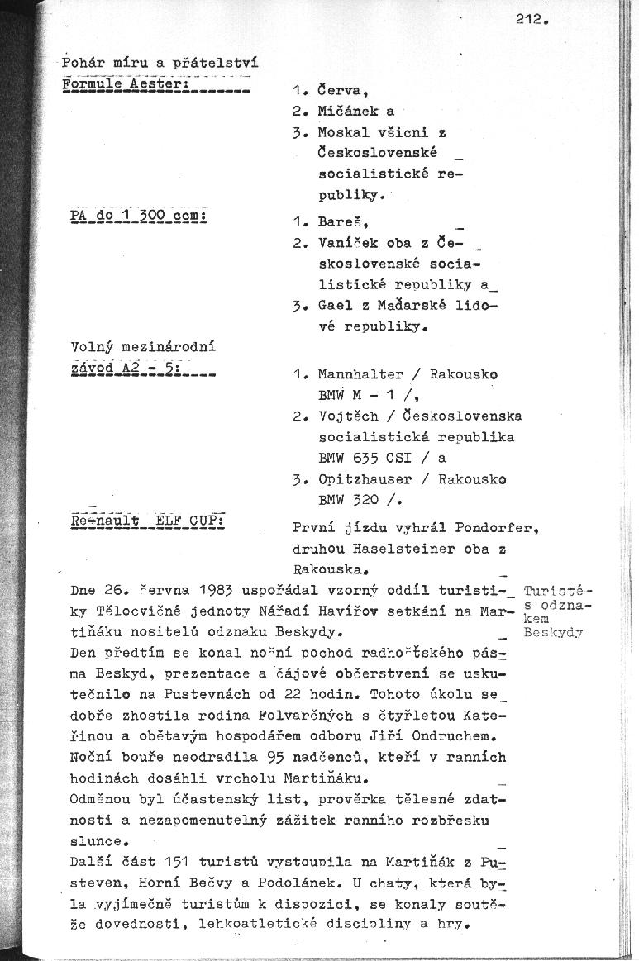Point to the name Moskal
pyautogui.click(x=341, y=132)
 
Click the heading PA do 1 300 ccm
pyautogui.click(x=138, y=217)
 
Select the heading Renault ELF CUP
pyautogui.click(x=150, y=521)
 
